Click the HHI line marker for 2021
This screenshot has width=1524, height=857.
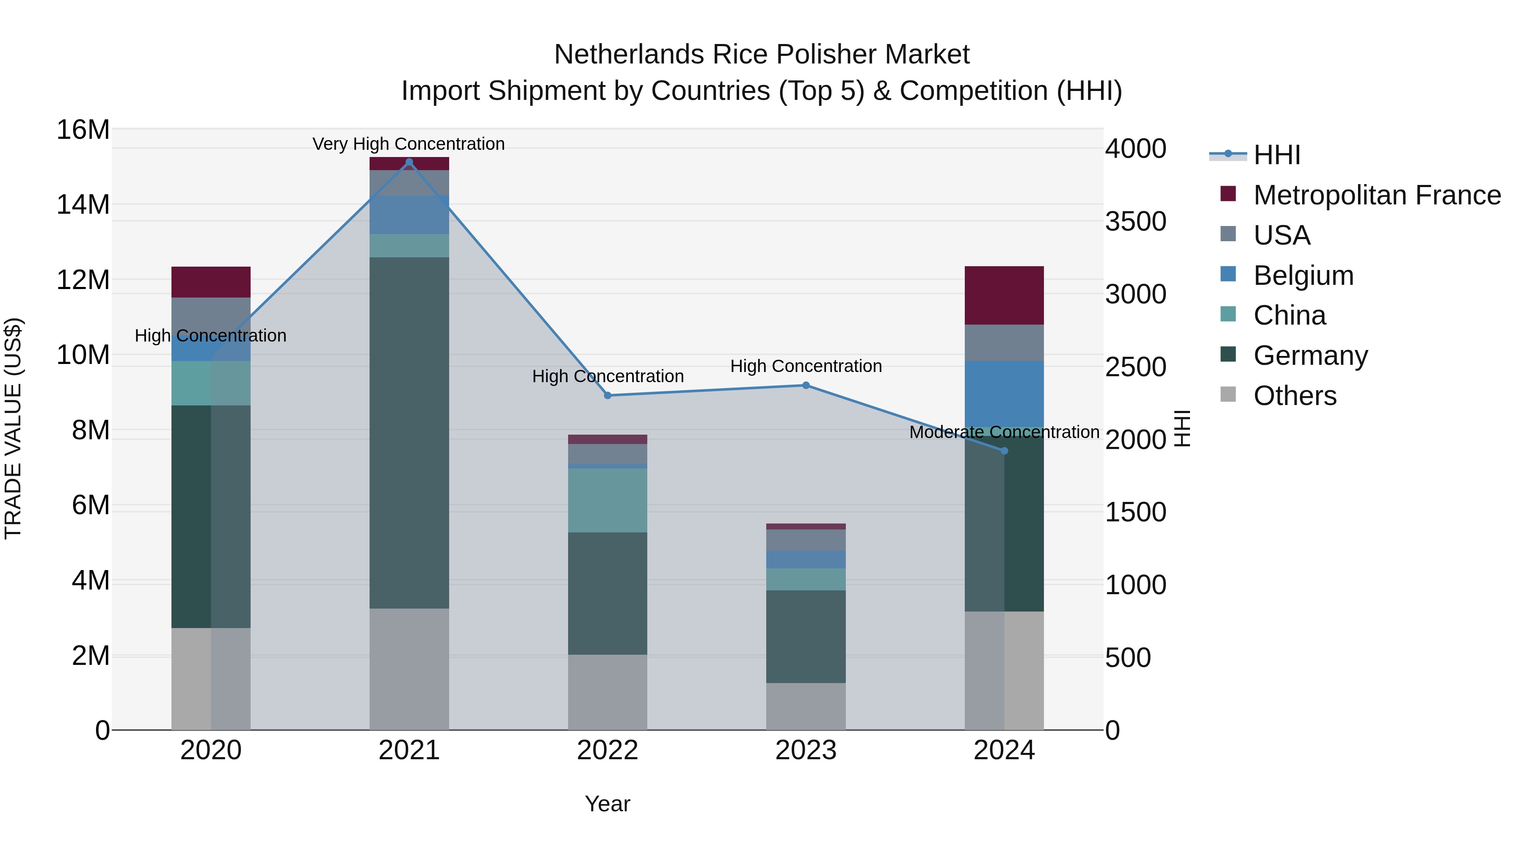pyautogui.click(x=409, y=162)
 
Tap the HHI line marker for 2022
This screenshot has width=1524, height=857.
pyautogui.click(x=607, y=396)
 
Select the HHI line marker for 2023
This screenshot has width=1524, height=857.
pyautogui.click(x=806, y=386)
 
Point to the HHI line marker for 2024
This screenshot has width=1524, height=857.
pyautogui.click(x=1004, y=451)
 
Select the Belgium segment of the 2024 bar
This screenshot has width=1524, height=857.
pyautogui.click(x=1004, y=393)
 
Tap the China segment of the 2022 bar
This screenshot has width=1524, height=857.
pyautogui.click(x=607, y=500)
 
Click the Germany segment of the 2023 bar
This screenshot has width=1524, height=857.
pyautogui.click(x=806, y=637)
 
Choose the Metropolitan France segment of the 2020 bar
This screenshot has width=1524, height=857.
pyautogui.click(x=211, y=282)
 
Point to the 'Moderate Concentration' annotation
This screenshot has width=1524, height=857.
pyautogui.click(x=1004, y=433)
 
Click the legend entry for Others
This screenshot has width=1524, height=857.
pyautogui.click(x=1295, y=396)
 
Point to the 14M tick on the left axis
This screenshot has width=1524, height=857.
pyautogui.click(x=83, y=205)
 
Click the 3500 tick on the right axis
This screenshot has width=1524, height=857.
pyautogui.click(x=1135, y=222)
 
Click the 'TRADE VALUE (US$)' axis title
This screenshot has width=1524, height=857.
pyautogui.click(x=13, y=428)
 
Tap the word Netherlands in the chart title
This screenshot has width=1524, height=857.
pyautogui.click(x=629, y=55)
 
